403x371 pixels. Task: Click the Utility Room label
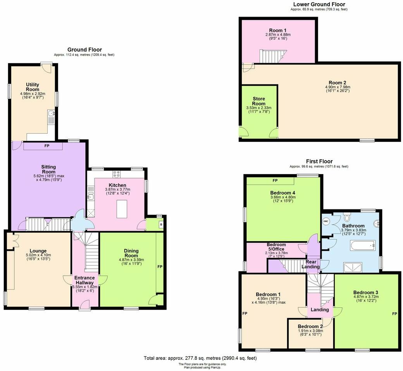[x=33, y=86]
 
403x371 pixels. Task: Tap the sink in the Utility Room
[x=51, y=114]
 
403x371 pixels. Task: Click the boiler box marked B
[x=160, y=224]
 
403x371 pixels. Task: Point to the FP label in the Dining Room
[x=159, y=267]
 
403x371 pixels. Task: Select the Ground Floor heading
[x=84, y=50]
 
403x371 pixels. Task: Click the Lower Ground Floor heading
[x=319, y=4]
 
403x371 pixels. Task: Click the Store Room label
[x=258, y=101]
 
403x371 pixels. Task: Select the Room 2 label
[x=337, y=83]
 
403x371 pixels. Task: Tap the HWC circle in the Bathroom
[x=326, y=221]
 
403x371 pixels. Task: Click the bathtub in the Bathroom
[x=362, y=245]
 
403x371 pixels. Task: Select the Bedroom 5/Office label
[x=276, y=247]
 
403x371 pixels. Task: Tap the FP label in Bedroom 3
[x=394, y=313]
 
